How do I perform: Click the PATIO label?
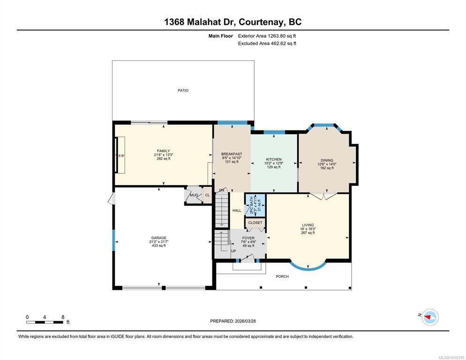pos(183,90)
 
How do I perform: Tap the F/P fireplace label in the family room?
pos(121,156)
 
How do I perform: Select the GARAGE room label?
pos(159,238)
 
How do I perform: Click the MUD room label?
pos(194,195)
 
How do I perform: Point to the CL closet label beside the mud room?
pos(207,195)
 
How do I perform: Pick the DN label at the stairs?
pos(222,190)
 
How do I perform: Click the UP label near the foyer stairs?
pos(233,251)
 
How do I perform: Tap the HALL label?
pos(237,210)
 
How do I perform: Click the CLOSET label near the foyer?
pos(256,223)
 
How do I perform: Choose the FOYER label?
pos(248,238)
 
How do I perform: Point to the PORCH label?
pos(282,277)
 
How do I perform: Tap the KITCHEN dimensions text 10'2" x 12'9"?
pos(274,163)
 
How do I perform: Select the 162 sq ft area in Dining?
pos(327,168)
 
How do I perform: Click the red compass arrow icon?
pos(428,317)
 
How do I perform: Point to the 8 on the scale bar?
pos(63,317)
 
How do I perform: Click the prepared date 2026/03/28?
pos(245,321)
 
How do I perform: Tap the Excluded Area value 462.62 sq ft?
pos(283,44)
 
